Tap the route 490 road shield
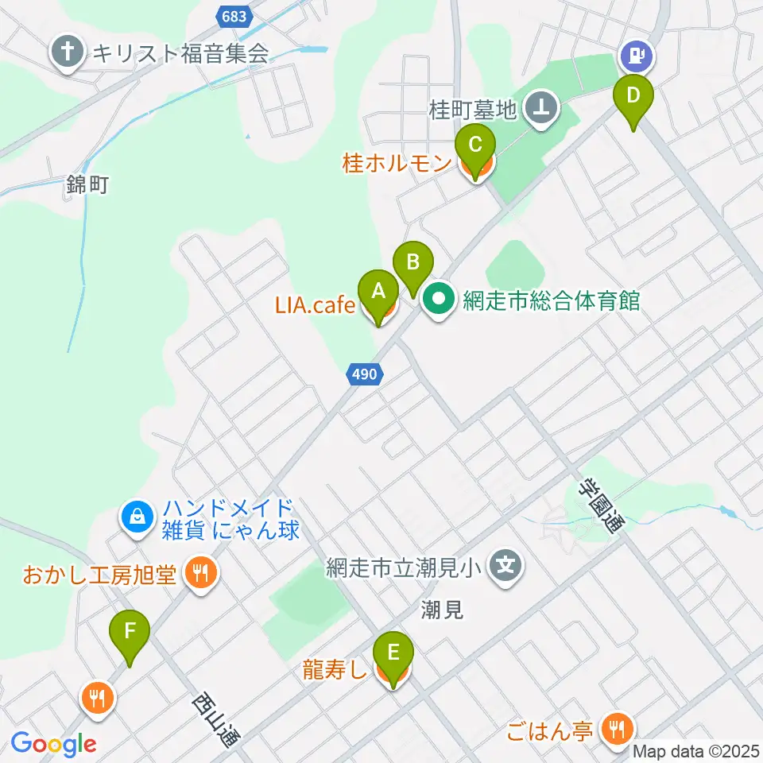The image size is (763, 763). (x=366, y=374)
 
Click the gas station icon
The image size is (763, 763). (x=636, y=55)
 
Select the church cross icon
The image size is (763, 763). (x=68, y=53)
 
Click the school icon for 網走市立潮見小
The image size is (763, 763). (x=505, y=567)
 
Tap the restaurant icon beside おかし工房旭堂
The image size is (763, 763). (x=199, y=572)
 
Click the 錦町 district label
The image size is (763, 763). (x=87, y=186)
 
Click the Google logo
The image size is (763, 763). (x=53, y=744)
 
